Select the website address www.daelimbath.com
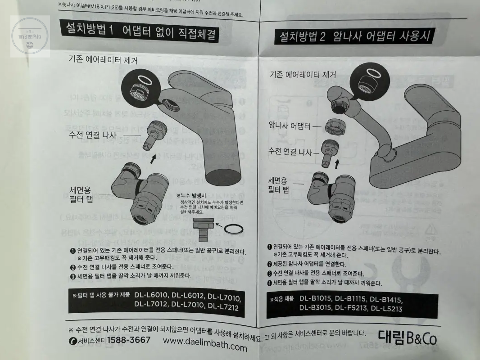click(205, 345)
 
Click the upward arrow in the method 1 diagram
click(154, 157)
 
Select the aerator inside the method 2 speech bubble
click(367, 85)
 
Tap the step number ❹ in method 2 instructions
click(269, 283)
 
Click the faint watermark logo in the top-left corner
click(30, 36)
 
